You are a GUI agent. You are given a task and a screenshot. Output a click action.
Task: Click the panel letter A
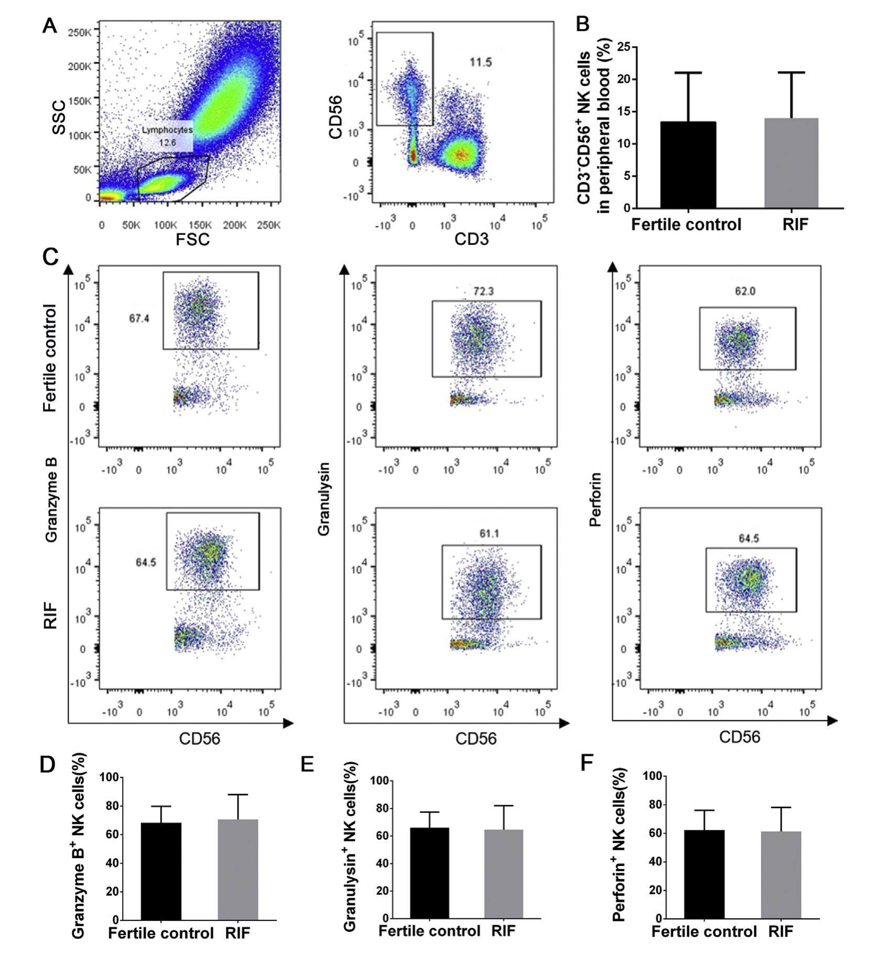click(49, 25)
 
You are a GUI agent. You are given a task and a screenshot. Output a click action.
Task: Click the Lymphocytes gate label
click(167, 130)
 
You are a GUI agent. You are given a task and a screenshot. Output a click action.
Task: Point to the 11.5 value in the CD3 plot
click(481, 62)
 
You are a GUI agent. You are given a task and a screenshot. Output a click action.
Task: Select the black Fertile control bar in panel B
click(688, 165)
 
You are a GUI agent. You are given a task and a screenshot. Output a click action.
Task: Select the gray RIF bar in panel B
click(791, 163)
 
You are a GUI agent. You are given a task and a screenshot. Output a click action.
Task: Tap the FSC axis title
click(192, 240)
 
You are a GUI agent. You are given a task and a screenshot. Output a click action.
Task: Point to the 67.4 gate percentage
click(139, 318)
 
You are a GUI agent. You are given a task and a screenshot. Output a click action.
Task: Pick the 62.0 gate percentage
click(745, 291)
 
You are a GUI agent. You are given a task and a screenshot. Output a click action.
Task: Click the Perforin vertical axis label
click(595, 499)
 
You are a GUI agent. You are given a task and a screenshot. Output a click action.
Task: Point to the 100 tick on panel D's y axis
click(110, 778)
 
